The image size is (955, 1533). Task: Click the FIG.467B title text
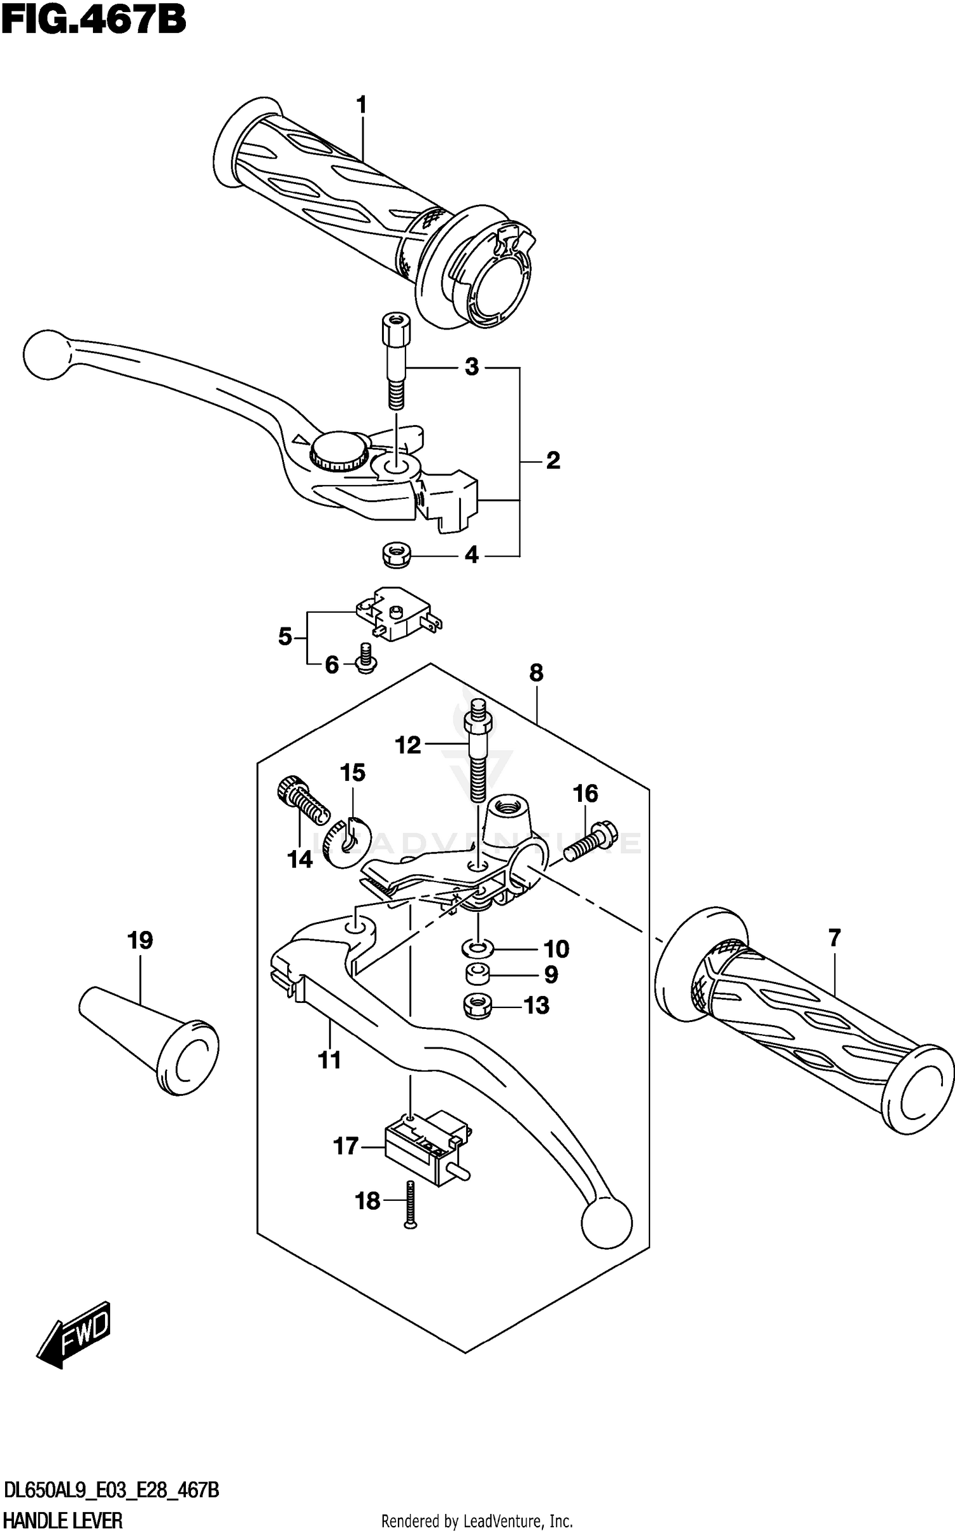click(94, 20)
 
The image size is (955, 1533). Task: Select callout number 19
click(140, 940)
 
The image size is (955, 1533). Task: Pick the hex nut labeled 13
click(479, 1006)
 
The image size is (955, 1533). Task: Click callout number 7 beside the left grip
click(835, 937)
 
